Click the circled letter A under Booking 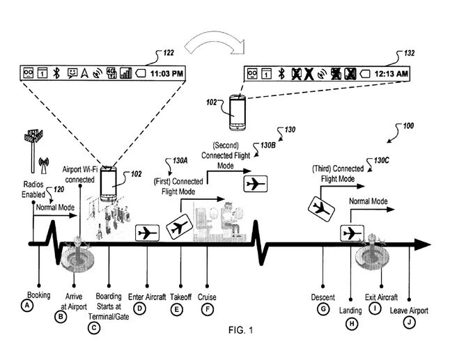pos(27,305)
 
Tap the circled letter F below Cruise pos(207,309)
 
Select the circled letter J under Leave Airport pos(409,322)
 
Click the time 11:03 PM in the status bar pos(166,74)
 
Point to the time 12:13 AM pos(391,74)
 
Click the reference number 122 pos(169,53)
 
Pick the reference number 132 pos(409,53)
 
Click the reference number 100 pos(408,125)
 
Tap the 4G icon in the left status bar pos(111,73)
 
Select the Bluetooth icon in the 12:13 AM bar pos(281,74)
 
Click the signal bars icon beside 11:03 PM pos(125,73)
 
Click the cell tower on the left pos(33,152)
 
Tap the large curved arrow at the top pos(215,44)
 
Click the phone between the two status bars pos(238,113)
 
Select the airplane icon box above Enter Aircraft pos(147,233)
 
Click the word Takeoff pos(181,297)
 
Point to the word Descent pos(323,297)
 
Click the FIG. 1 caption pos(241,330)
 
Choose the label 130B pos(268,145)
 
